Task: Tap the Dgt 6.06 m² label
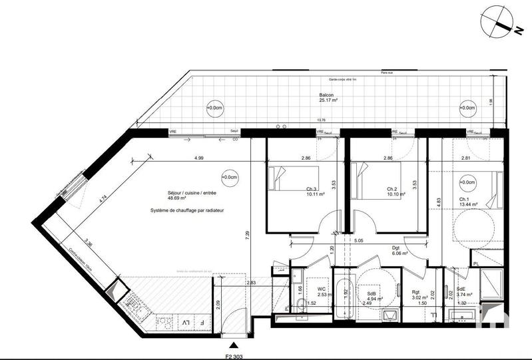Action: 401,250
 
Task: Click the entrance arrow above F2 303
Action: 234,345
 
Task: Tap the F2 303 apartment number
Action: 234,355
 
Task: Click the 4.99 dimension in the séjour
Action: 198,158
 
